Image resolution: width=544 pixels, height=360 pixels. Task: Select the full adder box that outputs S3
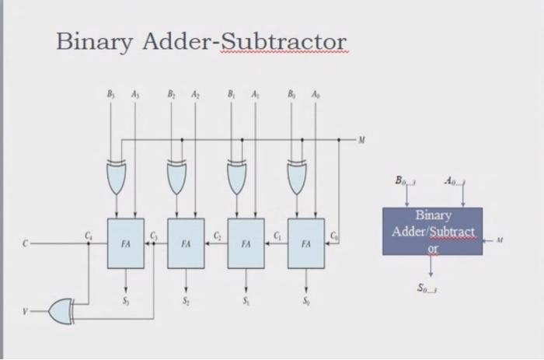pos(125,243)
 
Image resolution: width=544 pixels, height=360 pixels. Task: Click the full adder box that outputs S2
pos(185,243)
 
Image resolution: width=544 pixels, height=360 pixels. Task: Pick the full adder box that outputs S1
pos(246,243)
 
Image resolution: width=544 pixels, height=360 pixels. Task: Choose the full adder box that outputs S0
pos(306,243)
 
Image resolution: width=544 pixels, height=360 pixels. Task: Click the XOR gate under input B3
pos(117,177)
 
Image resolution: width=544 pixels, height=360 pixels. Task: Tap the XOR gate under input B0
pos(297,177)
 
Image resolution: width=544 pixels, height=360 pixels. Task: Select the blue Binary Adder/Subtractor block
pos(431,231)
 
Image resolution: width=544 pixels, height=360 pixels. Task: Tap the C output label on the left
pos(26,243)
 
